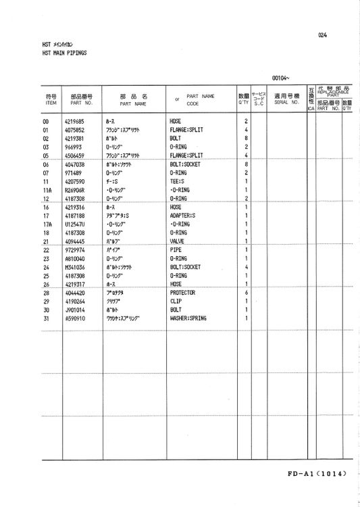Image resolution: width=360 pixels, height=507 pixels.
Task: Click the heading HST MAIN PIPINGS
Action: pyautogui.click(x=64, y=52)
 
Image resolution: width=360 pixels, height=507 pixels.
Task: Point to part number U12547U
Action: pyautogui.click(x=74, y=224)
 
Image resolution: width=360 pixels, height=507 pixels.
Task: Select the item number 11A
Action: pyautogui.click(x=47, y=191)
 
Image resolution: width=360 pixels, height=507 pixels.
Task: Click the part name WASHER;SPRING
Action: pyautogui.click(x=188, y=318)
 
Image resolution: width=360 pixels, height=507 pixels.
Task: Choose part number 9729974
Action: pyautogui.click(x=73, y=250)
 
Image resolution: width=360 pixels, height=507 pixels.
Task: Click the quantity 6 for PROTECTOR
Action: pyautogui.click(x=247, y=293)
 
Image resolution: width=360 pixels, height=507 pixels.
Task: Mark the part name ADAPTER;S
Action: pyautogui.click(x=182, y=216)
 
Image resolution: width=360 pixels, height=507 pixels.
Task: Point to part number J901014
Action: pyautogui.click(x=73, y=310)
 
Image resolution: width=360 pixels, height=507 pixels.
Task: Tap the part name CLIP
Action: pyautogui.click(x=176, y=301)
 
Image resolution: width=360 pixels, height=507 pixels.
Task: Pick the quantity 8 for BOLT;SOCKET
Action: pyautogui.click(x=247, y=164)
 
